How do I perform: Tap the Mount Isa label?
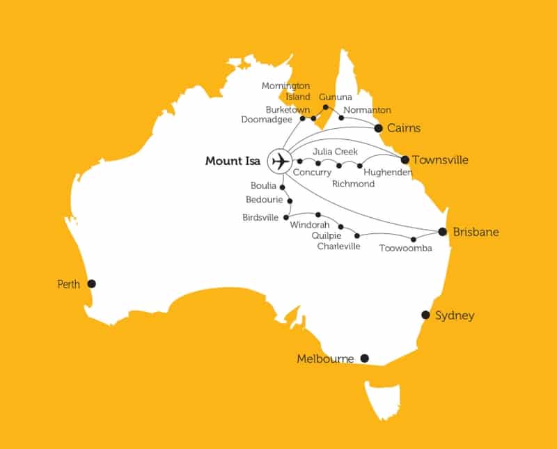[233, 162]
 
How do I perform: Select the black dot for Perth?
[91, 283]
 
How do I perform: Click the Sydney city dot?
[425, 315]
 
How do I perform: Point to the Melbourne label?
[325, 359]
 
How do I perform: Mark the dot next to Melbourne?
[363, 359]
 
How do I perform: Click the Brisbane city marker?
[441, 232]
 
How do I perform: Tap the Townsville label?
[440, 159]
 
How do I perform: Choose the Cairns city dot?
[378, 128]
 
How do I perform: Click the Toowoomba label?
[405, 249]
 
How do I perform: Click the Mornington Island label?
[285, 91]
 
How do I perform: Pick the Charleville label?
[338, 246]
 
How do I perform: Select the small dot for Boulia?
[282, 187]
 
